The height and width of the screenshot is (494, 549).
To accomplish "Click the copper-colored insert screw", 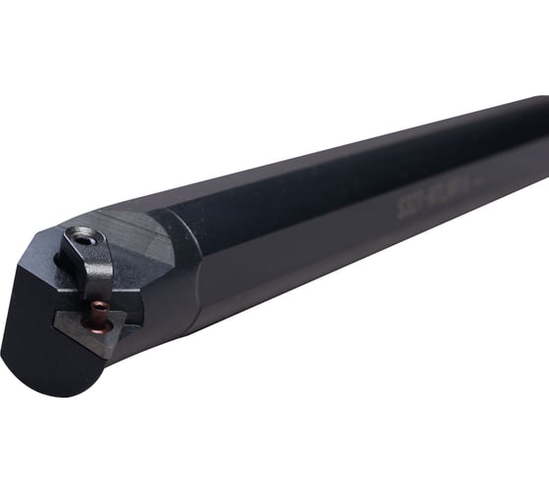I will tap(99, 311).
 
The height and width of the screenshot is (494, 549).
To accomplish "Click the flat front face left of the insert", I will tap(39, 314).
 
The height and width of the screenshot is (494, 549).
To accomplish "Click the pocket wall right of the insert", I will tap(137, 304).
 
